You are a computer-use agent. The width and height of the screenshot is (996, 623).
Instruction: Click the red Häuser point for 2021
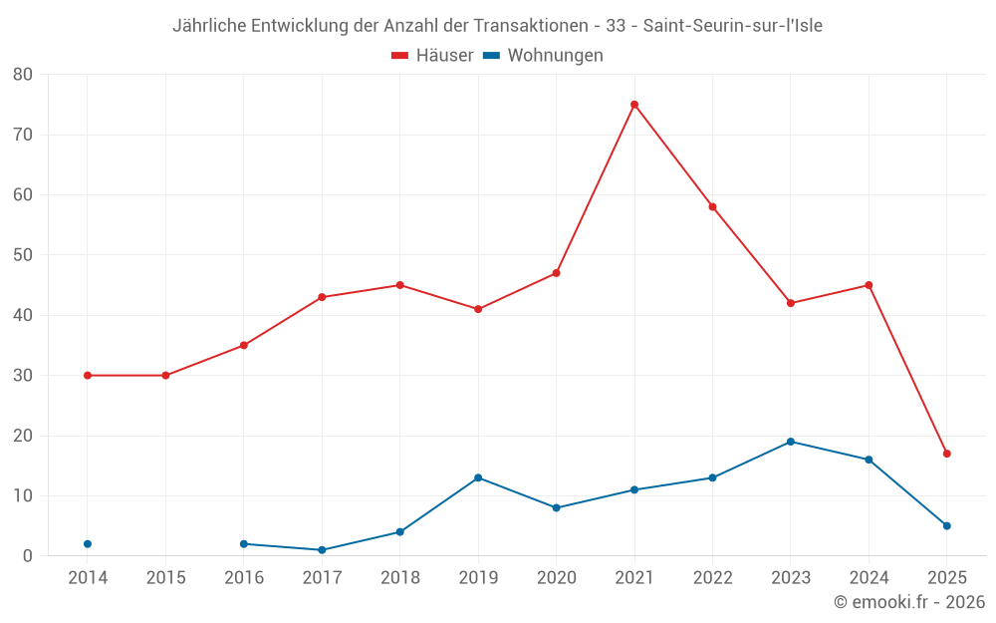(634, 105)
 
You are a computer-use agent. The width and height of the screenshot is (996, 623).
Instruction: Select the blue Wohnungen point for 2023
(791, 442)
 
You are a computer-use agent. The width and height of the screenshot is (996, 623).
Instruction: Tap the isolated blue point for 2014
(88, 544)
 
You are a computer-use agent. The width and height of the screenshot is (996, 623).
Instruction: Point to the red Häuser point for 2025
(947, 454)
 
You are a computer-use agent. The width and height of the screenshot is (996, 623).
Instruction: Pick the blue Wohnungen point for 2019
(478, 477)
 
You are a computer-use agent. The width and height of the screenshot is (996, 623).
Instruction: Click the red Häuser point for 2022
(712, 207)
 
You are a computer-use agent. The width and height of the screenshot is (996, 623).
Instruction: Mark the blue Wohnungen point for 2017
(322, 550)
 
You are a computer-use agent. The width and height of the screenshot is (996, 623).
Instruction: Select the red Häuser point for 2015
(165, 376)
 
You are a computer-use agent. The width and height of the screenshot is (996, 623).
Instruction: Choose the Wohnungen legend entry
(555, 56)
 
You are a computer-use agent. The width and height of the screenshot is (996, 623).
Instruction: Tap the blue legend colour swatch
(491, 56)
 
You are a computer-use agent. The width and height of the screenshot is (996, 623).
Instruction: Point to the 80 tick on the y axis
(23, 75)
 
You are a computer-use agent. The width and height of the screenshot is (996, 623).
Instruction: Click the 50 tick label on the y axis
(23, 255)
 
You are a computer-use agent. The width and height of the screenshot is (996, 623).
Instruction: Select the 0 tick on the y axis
(28, 556)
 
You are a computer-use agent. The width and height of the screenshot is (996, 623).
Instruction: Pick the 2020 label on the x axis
(556, 578)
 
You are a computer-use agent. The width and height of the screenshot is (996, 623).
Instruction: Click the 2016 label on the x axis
(244, 578)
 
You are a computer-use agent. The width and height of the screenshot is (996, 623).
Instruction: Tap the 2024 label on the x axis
(869, 578)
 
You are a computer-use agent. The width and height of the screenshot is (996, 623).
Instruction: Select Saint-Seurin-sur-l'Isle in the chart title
(733, 26)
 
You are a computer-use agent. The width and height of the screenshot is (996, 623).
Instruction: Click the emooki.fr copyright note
(909, 602)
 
